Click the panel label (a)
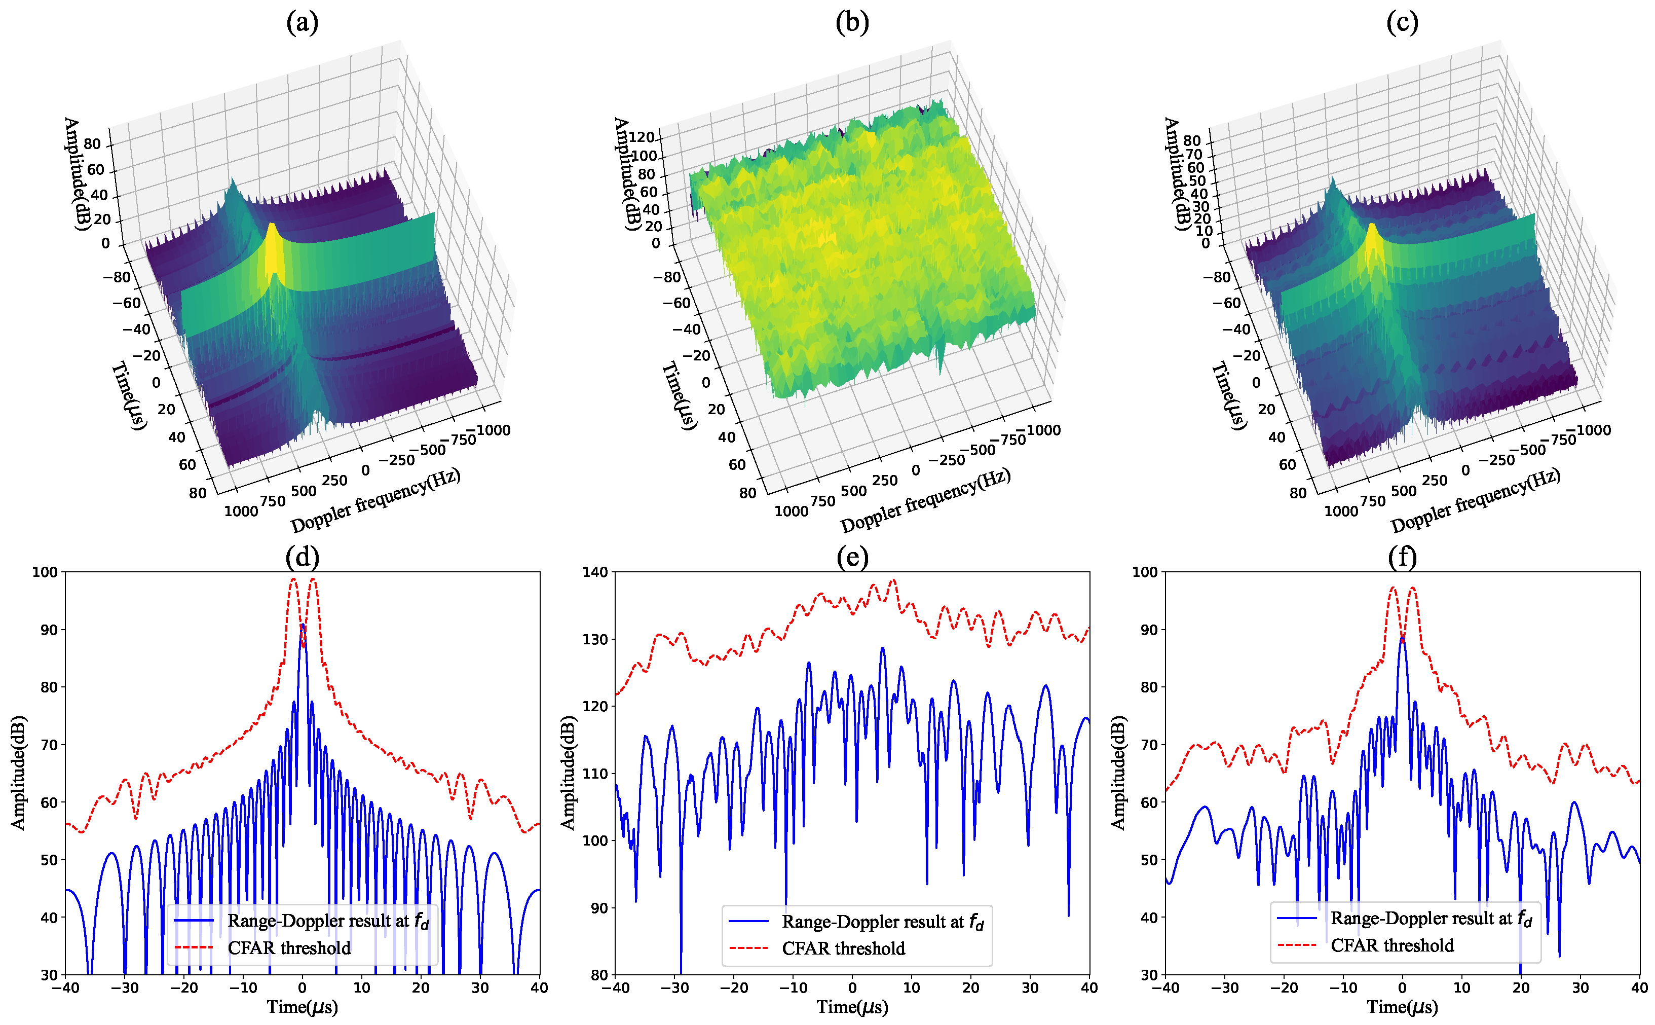point(302,23)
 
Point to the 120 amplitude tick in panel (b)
point(641,137)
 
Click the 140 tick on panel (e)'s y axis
point(595,572)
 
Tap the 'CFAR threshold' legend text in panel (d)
point(289,948)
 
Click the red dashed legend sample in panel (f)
point(1296,945)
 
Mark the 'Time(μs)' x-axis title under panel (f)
point(1402,1007)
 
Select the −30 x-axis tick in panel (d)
point(125,987)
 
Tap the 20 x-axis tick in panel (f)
point(1521,987)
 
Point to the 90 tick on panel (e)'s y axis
point(599,908)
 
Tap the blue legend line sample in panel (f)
point(1296,918)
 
